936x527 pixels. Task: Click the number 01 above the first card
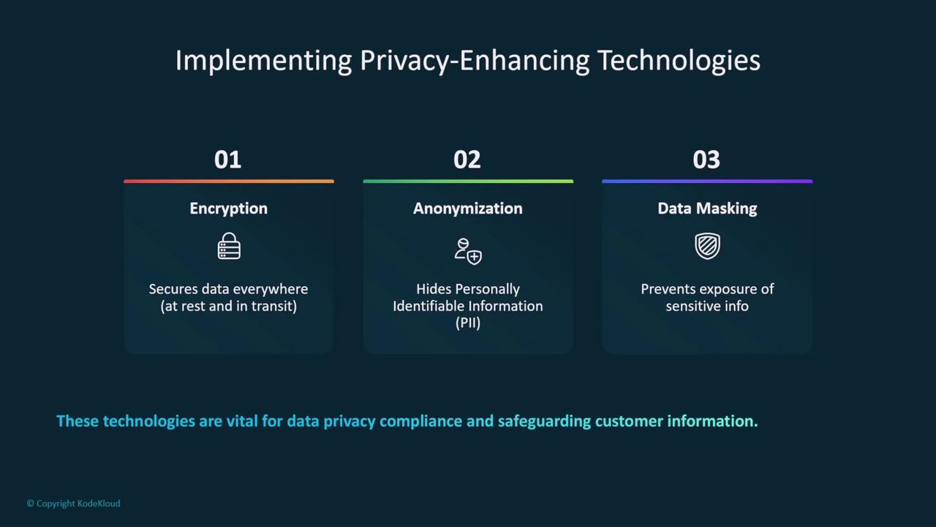coord(227,160)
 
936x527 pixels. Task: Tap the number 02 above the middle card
coord(467,160)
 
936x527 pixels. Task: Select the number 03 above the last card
coord(706,160)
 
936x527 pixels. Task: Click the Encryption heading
coord(229,209)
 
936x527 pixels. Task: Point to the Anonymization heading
coord(467,209)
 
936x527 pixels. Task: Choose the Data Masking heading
coord(707,209)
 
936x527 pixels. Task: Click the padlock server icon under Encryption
coord(229,246)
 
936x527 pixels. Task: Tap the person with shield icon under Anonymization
coord(468,251)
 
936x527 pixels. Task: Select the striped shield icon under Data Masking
coord(707,246)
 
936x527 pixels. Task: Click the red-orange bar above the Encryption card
coord(229,181)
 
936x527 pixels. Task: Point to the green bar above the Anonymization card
coord(468,181)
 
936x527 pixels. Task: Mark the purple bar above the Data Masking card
coord(707,181)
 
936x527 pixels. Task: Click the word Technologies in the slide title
coord(679,61)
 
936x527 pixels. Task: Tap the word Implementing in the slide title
coord(263,61)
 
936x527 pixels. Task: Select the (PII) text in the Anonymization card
coord(467,323)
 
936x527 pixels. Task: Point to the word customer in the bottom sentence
coord(629,421)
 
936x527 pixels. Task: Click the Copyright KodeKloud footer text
coord(74,504)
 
